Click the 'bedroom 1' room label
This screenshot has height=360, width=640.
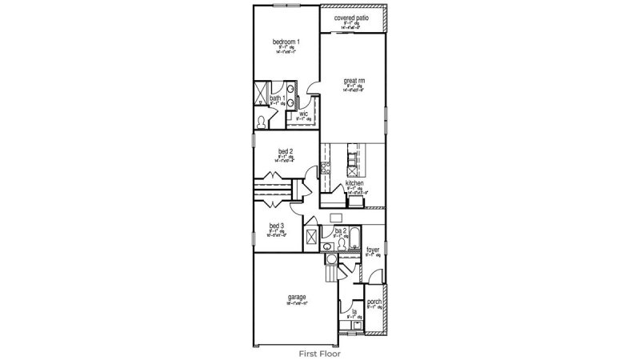pos(286,42)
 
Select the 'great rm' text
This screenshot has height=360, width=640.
pos(354,81)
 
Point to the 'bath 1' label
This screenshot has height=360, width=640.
pos(277,98)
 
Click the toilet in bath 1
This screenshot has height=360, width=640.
pos(262,121)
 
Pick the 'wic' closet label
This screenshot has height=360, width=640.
pos(304,114)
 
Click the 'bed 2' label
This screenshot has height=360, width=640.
pos(286,151)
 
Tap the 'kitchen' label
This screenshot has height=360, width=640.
pos(355,183)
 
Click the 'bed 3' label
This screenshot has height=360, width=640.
pos(276,226)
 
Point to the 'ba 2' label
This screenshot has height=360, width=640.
pos(340,231)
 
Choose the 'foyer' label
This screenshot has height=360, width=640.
pos(373,250)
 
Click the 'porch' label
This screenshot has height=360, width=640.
pos(374,301)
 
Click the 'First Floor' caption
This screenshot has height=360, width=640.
pos(320,351)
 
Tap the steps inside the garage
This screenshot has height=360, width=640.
pos(331,274)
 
